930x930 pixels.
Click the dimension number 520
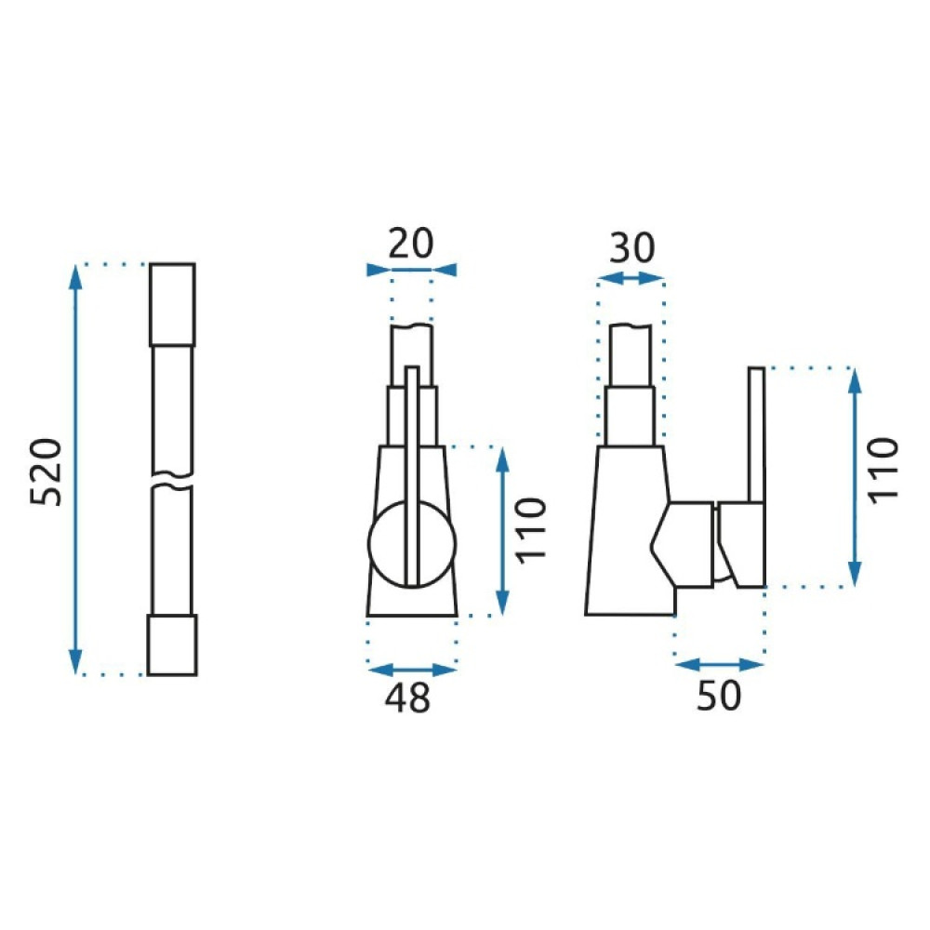(46, 472)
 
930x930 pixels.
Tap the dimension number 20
(411, 243)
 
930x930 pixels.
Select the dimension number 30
(632, 248)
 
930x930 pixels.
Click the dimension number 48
(407, 697)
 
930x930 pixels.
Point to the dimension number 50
(719, 695)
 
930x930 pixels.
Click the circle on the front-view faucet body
(412, 544)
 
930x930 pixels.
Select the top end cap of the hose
(172, 305)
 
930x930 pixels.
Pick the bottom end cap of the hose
(172, 645)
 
